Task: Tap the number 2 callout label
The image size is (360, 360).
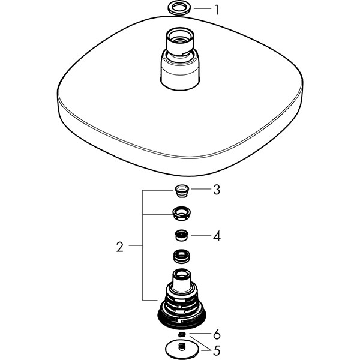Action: coord(121,247)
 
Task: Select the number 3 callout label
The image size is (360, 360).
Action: coord(217,190)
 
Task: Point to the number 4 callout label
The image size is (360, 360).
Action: coord(217,236)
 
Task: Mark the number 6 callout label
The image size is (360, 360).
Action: coord(217,334)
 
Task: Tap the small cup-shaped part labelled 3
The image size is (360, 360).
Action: coord(180,191)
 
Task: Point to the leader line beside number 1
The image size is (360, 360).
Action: coord(202,9)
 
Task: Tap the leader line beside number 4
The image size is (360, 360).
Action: coord(202,235)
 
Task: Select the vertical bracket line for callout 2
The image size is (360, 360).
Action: coord(142,246)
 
